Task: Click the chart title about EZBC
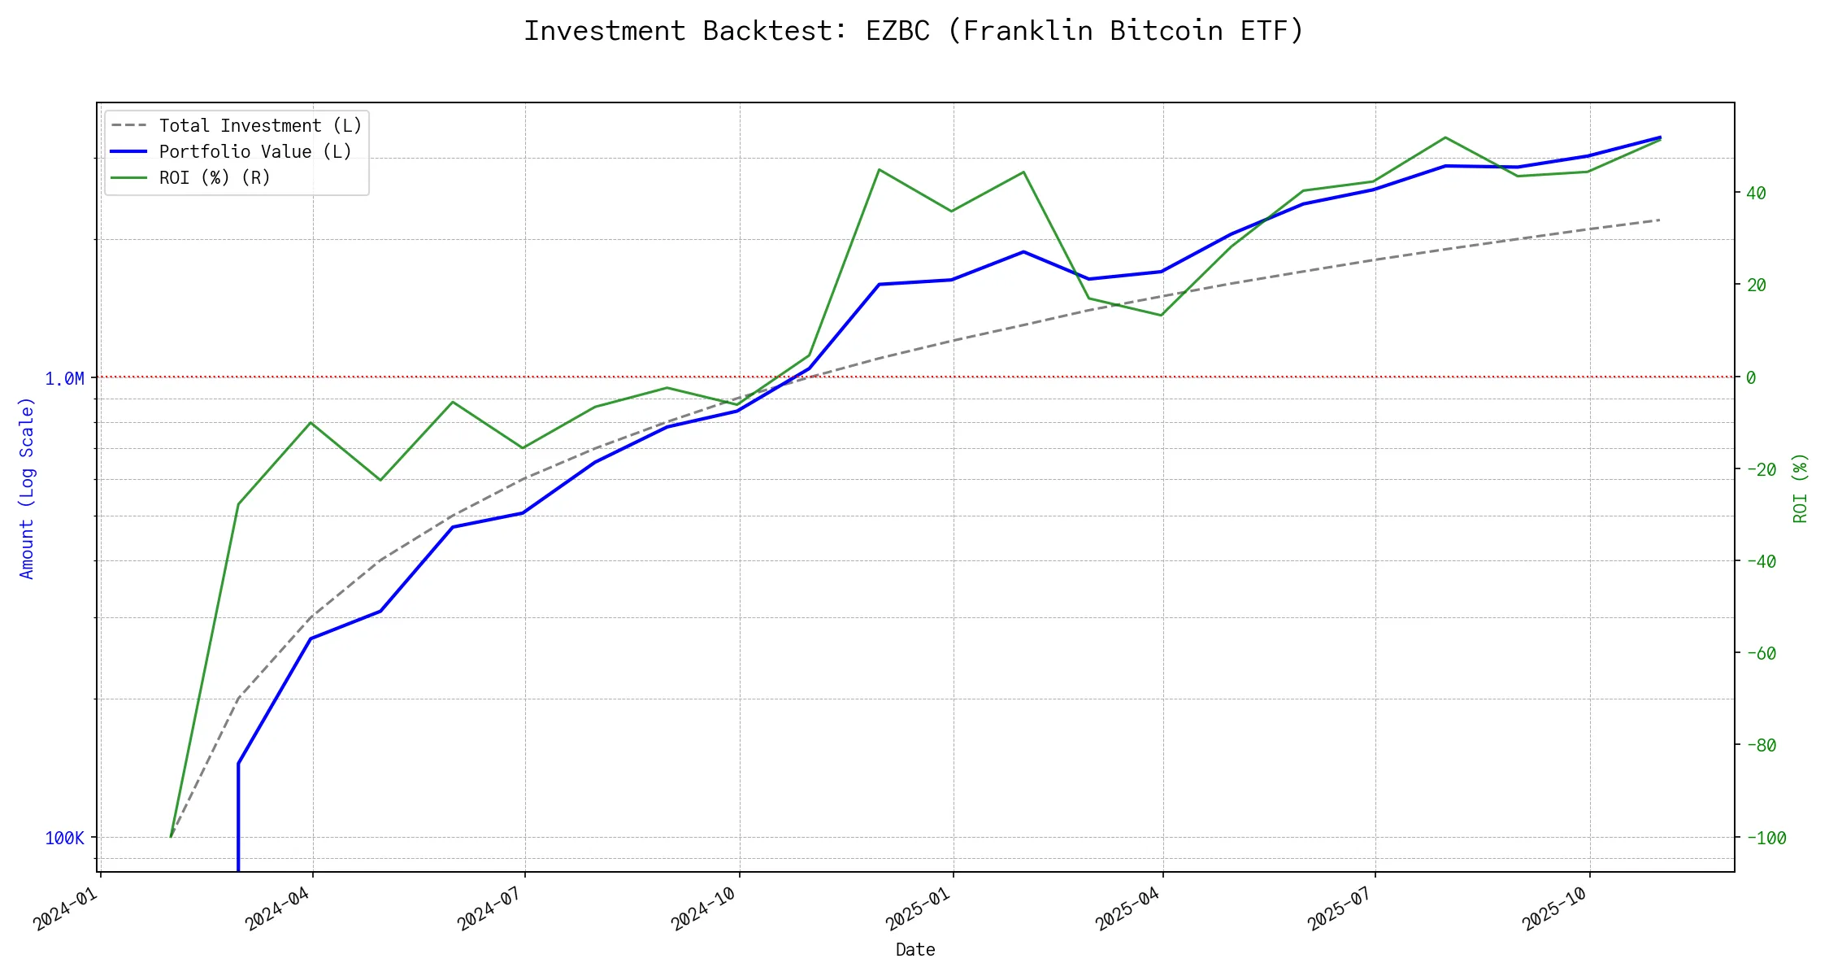[914, 31]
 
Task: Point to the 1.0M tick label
[64, 379]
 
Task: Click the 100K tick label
[64, 839]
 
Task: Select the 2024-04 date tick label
[279, 908]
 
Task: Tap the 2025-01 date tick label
[919, 908]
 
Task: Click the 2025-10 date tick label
[1555, 908]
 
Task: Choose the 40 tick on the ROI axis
[1756, 194]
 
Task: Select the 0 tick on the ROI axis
[1751, 378]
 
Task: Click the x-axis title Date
[915, 950]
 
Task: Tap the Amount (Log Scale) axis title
[27, 488]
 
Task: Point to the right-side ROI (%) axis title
[1801, 488]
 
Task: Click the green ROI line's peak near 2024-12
[880, 169]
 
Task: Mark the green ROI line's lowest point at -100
[171, 837]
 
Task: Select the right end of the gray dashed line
[1659, 220]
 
